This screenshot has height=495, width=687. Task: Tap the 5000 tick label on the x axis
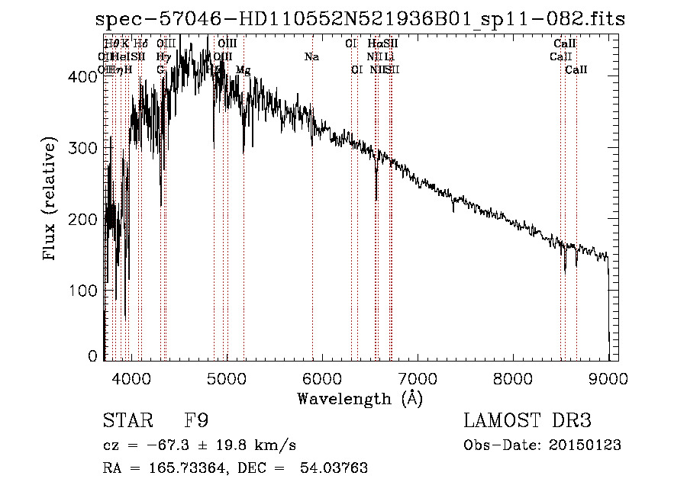226,376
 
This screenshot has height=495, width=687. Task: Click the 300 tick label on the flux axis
85,148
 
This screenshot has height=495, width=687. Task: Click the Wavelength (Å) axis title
360,398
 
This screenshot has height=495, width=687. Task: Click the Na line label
311,57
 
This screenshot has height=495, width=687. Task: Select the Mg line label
243,69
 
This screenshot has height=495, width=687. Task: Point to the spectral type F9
196,421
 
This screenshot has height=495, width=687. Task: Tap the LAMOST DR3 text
527,421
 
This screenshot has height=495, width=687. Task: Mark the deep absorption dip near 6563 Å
376,194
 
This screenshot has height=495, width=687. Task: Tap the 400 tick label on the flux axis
85,77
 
